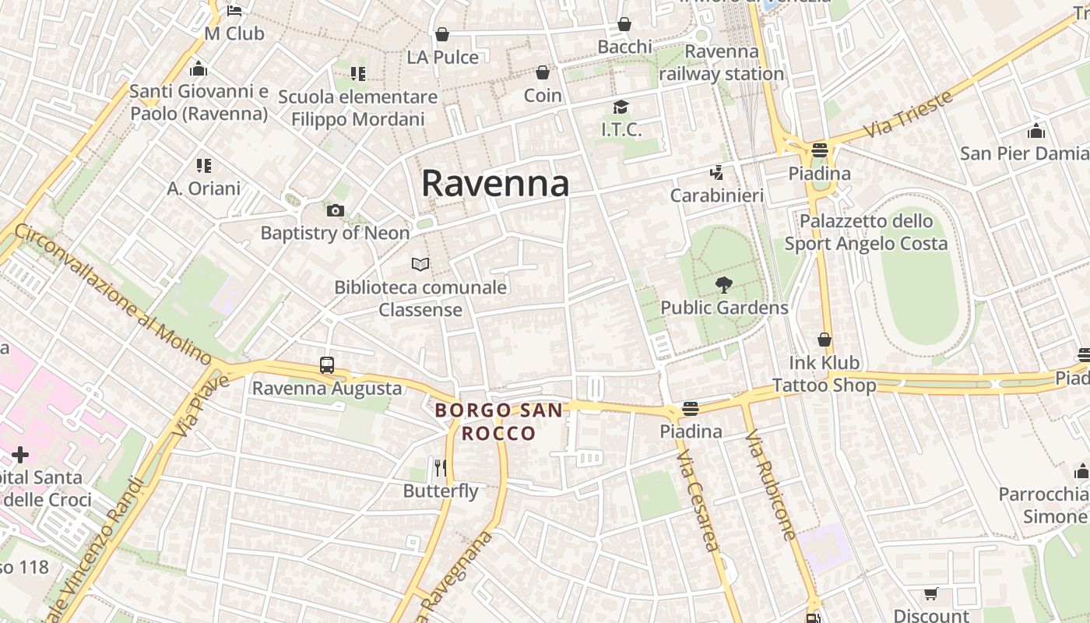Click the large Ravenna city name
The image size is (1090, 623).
495,184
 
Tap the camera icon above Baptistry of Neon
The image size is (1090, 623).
336,210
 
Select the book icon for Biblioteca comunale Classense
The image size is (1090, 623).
420,265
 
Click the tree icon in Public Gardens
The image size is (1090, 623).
723,285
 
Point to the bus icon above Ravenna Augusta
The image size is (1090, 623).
327,365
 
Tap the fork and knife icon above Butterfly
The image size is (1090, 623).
441,467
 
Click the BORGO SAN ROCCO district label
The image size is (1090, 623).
498,421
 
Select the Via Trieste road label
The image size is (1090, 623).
909,114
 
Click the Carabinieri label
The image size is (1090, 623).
717,195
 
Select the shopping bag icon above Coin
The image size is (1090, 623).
543,73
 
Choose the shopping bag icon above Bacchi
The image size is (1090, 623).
624,25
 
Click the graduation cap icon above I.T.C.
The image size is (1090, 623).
621,107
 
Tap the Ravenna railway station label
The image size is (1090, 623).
721,63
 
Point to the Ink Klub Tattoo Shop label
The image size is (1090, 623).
825,374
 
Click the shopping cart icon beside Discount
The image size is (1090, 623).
930,594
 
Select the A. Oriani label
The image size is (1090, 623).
204,188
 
